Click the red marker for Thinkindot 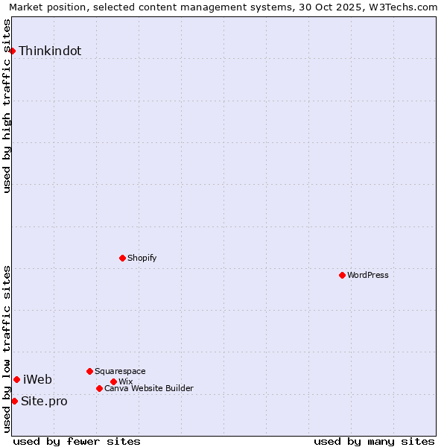point(13,51)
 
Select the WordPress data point point(342,275)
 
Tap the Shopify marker point(122,258)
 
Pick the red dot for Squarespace point(89,371)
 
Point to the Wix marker point(113,381)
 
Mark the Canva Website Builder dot point(99,388)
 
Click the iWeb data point point(16,379)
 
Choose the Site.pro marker point(14,401)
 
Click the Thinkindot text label point(50,51)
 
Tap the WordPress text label point(368,275)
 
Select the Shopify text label point(142,258)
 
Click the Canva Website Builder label point(149,388)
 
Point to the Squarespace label point(120,371)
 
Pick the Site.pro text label point(44,401)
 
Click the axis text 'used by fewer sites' point(77,441)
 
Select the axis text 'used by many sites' point(374,441)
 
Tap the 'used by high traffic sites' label point(7,106)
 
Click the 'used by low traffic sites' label point(7,349)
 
